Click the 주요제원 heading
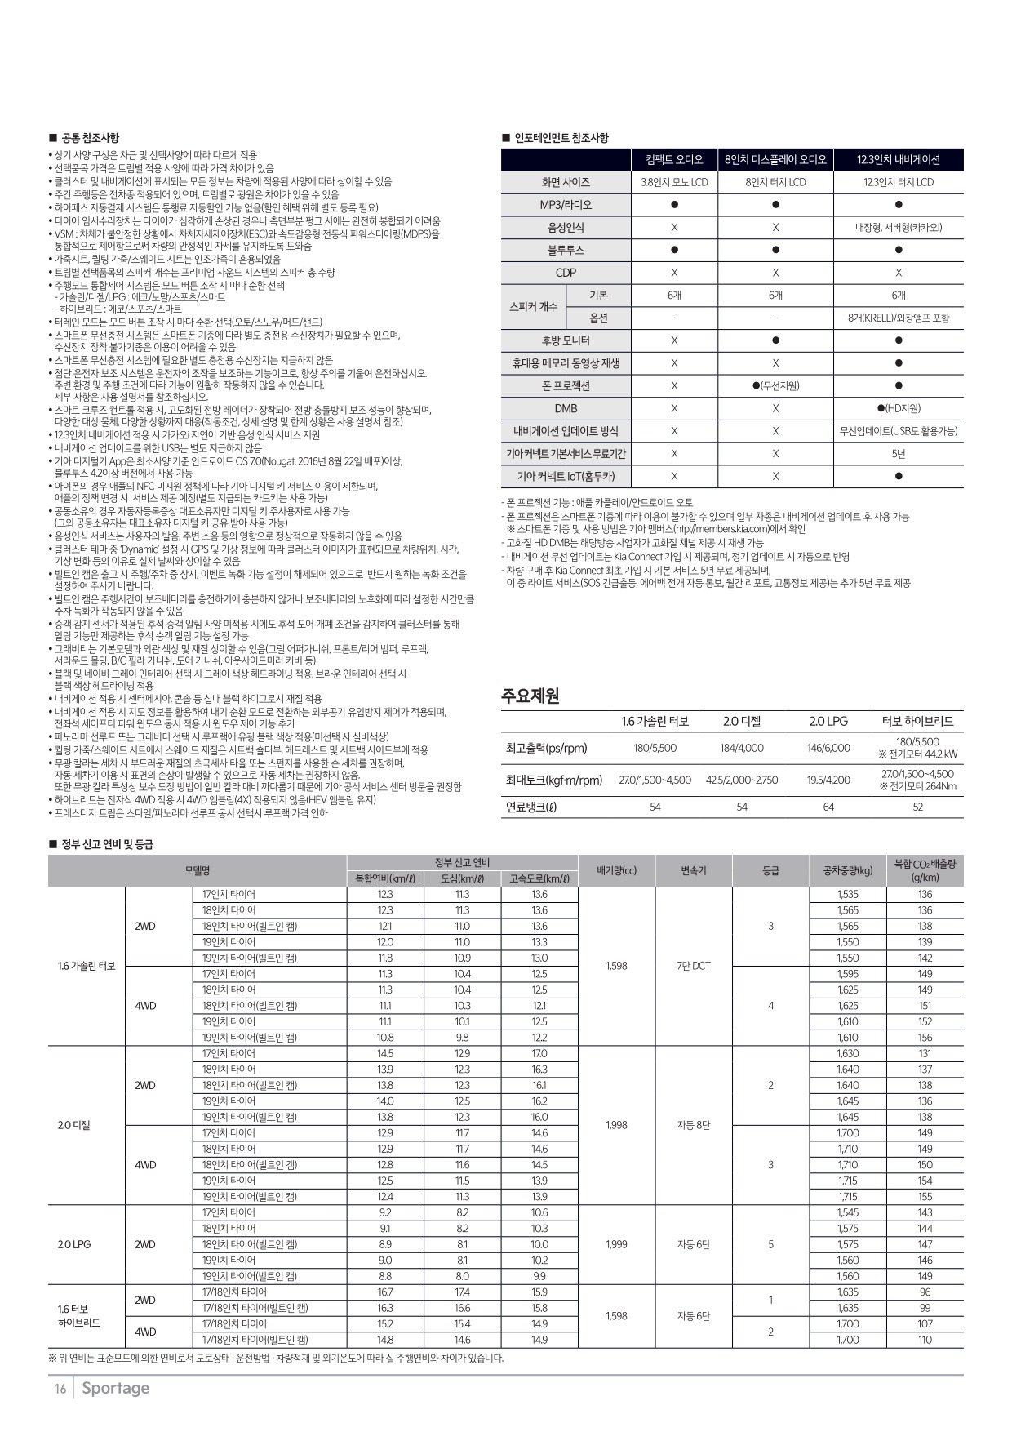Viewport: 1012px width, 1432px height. point(530,696)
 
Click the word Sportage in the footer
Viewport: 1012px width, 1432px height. point(115,1388)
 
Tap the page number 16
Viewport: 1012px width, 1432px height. point(60,1389)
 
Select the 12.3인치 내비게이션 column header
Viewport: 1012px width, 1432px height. point(898,159)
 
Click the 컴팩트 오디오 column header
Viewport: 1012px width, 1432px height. point(674,159)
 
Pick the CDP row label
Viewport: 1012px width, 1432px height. point(566,273)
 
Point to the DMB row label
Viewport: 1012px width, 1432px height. point(566,408)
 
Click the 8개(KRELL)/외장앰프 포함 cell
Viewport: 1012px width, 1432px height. point(898,318)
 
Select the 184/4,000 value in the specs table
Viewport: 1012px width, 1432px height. point(742,748)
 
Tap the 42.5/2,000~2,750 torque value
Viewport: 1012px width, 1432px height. point(742,780)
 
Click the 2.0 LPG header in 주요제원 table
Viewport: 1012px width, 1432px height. point(828,721)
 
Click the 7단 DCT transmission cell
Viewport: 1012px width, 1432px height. point(694,966)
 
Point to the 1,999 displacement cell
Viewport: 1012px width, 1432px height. point(616,1244)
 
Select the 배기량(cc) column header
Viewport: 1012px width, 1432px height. point(616,870)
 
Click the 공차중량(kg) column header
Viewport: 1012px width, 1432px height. point(848,870)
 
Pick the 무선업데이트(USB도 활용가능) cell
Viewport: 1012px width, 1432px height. point(898,431)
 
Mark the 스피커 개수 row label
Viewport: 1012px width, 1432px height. point(533,306)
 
